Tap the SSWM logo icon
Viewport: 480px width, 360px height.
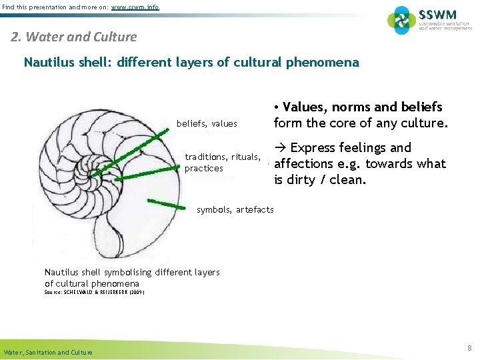point(401,20)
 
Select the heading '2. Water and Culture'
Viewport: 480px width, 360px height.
point(74,37)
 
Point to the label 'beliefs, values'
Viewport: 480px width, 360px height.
point(207,123)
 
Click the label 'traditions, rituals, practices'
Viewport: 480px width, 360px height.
point(222,163)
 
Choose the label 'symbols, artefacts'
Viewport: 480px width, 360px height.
point(235,209)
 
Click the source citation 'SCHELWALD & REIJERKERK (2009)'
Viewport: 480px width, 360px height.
point(94,292)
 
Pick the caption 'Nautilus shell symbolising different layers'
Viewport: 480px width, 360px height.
point(131,272)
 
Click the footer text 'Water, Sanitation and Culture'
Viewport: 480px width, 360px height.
point(48,352)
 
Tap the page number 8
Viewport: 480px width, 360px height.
point(469,348)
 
